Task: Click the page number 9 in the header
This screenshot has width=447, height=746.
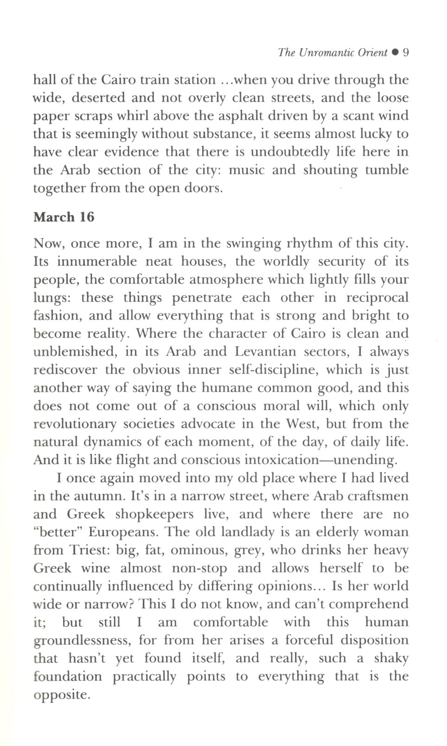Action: [x=405, y=52]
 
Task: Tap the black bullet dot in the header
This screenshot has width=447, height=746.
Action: [x=395, y=53]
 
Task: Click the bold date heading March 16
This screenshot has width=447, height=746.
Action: [x=64, y=217]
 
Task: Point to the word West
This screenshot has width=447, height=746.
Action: [x=302, y=424]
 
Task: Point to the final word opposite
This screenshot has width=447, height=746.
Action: [x=60, y=695]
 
